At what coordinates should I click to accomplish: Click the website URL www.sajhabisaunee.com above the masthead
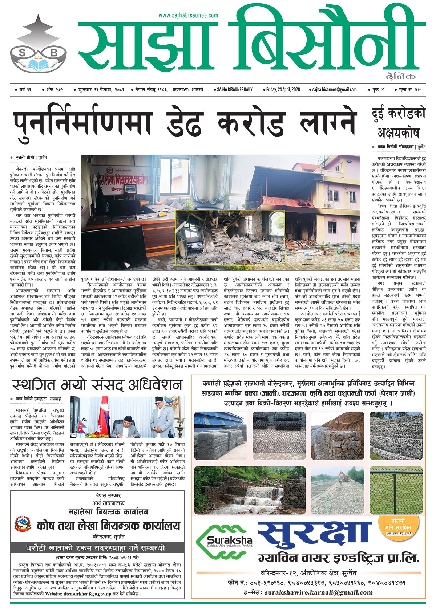pyautogui.click(x=188, y=15)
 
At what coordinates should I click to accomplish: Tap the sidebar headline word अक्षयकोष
pyautogui.click(x=398, y=133)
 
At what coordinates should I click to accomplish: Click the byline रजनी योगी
pyautogui.click(x=25, y=158)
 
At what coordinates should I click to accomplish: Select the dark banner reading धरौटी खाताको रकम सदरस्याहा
pyautogui.click(x=96, y=547)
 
